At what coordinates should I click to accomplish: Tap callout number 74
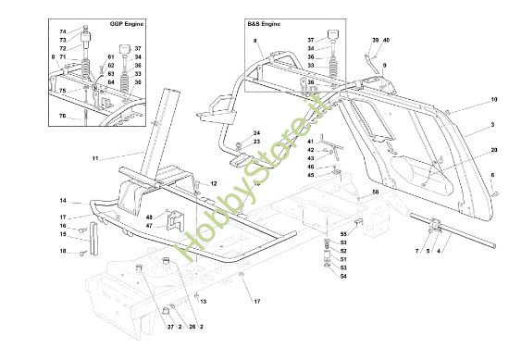coord(64,32)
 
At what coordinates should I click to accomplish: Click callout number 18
coord(64,252)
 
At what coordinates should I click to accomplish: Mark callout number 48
coord(148,217)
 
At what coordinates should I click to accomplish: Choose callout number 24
coord(257,132)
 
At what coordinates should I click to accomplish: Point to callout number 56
coord(376,192)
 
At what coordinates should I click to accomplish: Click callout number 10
coord(494,99)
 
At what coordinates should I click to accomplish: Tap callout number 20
coord(494,150)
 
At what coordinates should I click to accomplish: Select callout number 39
coord(376,41)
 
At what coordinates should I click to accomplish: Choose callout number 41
coord(311,141)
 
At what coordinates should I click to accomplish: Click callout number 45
coord(311,175)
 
